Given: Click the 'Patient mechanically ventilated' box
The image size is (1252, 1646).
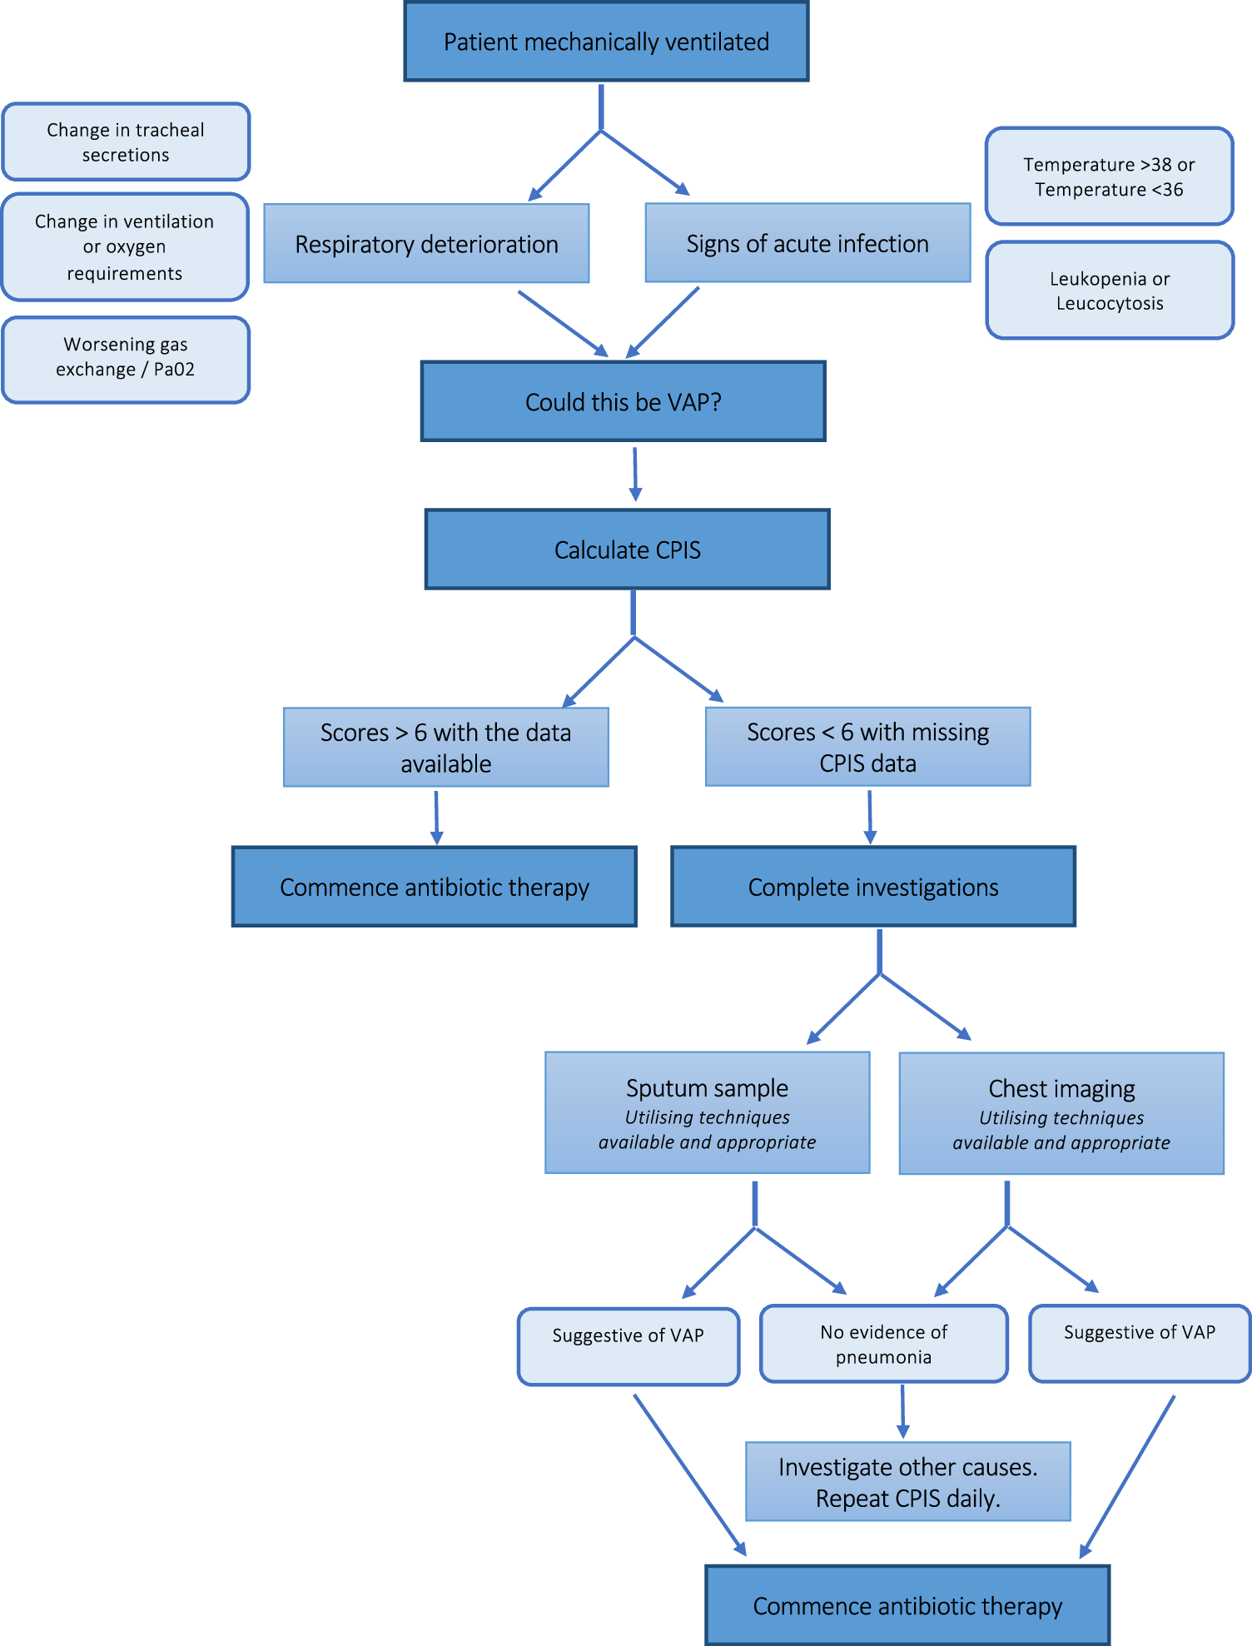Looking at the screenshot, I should click(606, 42).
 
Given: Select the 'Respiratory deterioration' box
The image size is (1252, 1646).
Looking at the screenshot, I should click(426, 244).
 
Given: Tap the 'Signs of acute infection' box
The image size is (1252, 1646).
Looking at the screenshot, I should click(807, 243).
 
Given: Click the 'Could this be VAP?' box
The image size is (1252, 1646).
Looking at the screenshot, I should click(623, 401).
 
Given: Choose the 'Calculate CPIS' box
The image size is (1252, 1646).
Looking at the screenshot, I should click(627, 549).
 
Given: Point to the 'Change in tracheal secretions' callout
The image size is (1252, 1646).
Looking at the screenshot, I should click(126, 142).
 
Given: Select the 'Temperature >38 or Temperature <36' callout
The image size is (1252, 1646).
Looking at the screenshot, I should click(1109, 177).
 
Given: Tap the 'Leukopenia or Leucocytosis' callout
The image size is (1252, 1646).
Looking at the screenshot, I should click(1109, 291).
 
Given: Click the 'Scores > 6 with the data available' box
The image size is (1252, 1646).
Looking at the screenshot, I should click(445, 747).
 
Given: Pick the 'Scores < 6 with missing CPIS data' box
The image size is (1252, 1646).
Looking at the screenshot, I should click(867, 747).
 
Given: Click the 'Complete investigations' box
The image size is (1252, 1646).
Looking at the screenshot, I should click(872, 887).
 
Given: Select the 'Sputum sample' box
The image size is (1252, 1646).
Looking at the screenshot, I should click(707, 1112).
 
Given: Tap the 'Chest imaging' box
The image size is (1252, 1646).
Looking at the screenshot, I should click(1061, 1113).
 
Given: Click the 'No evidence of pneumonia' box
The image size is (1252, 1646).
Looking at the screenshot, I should click(883, 1344).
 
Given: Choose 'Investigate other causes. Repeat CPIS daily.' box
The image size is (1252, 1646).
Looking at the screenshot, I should click(907, 1482).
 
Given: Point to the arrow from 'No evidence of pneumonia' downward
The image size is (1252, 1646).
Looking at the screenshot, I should click(902, 1411).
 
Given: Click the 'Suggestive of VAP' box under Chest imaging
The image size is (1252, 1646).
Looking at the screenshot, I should click(1139, 1343).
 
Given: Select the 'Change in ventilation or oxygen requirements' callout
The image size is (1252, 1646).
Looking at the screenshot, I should click(125, 247).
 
